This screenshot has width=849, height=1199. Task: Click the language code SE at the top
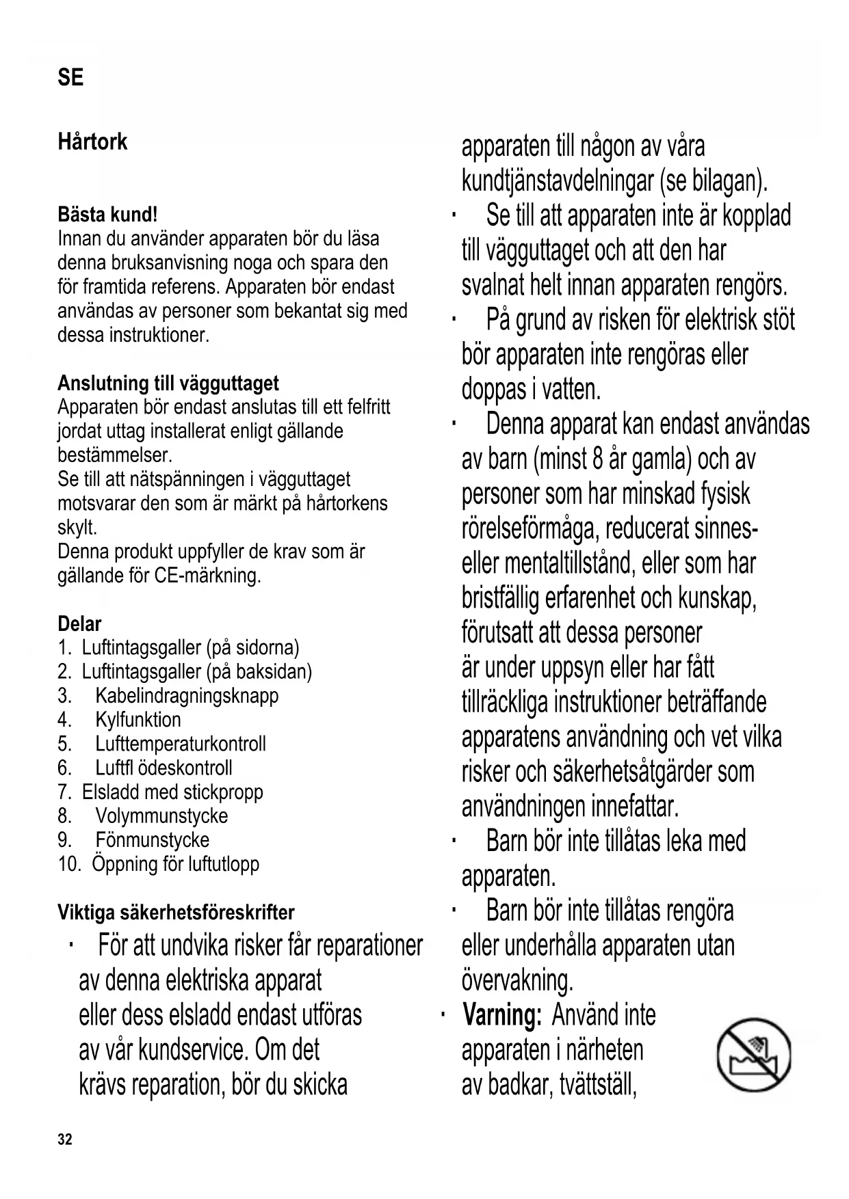(70, 77)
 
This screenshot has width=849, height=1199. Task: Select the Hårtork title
(92, 142)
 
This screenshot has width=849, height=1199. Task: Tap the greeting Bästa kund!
(107, 215)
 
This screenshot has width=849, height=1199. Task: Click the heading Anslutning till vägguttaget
(168, 383)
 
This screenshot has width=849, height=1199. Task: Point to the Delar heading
(79, 623)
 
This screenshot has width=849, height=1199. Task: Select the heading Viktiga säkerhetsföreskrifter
(176, 912)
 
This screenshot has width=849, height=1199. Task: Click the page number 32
(65, 1140)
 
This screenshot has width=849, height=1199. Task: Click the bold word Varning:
(502, 1015)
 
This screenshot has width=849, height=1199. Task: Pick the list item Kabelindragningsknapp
(187, 696)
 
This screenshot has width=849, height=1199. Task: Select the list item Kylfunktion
(138, 720)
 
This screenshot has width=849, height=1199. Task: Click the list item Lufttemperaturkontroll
(181, 744)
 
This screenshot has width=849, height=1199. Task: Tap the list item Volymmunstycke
(161, 816)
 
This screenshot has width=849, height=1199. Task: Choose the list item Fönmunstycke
(152, 839)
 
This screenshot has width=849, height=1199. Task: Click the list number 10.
(69, 864)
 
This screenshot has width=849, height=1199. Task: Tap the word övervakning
(517, 981)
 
